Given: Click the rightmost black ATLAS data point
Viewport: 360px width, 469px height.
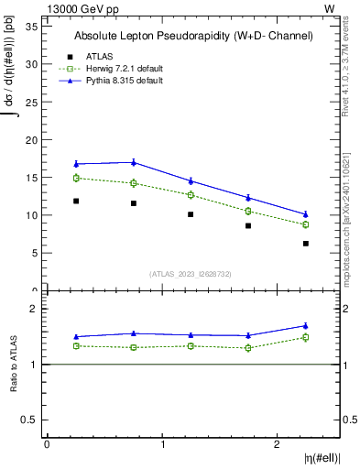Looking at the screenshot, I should coord(306,244).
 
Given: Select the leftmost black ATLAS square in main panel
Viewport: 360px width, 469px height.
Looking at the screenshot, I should coord(76,201).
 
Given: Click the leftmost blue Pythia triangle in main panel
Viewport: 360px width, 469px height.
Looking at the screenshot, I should coord(76,164).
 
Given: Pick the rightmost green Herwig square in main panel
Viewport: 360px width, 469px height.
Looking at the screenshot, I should coord(306,224).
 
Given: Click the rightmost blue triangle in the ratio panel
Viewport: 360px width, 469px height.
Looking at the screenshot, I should coord(306,325).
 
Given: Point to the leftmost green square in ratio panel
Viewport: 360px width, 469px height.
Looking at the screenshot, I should coord(76,345).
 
